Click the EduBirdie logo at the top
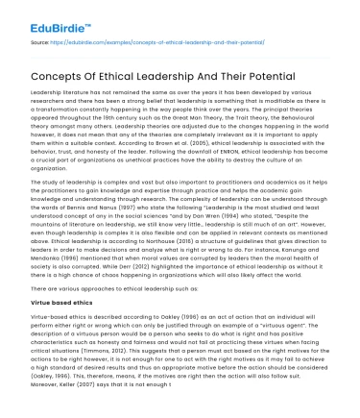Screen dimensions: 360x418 (x=39, y=18)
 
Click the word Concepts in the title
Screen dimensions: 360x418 (x=61, y=75)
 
